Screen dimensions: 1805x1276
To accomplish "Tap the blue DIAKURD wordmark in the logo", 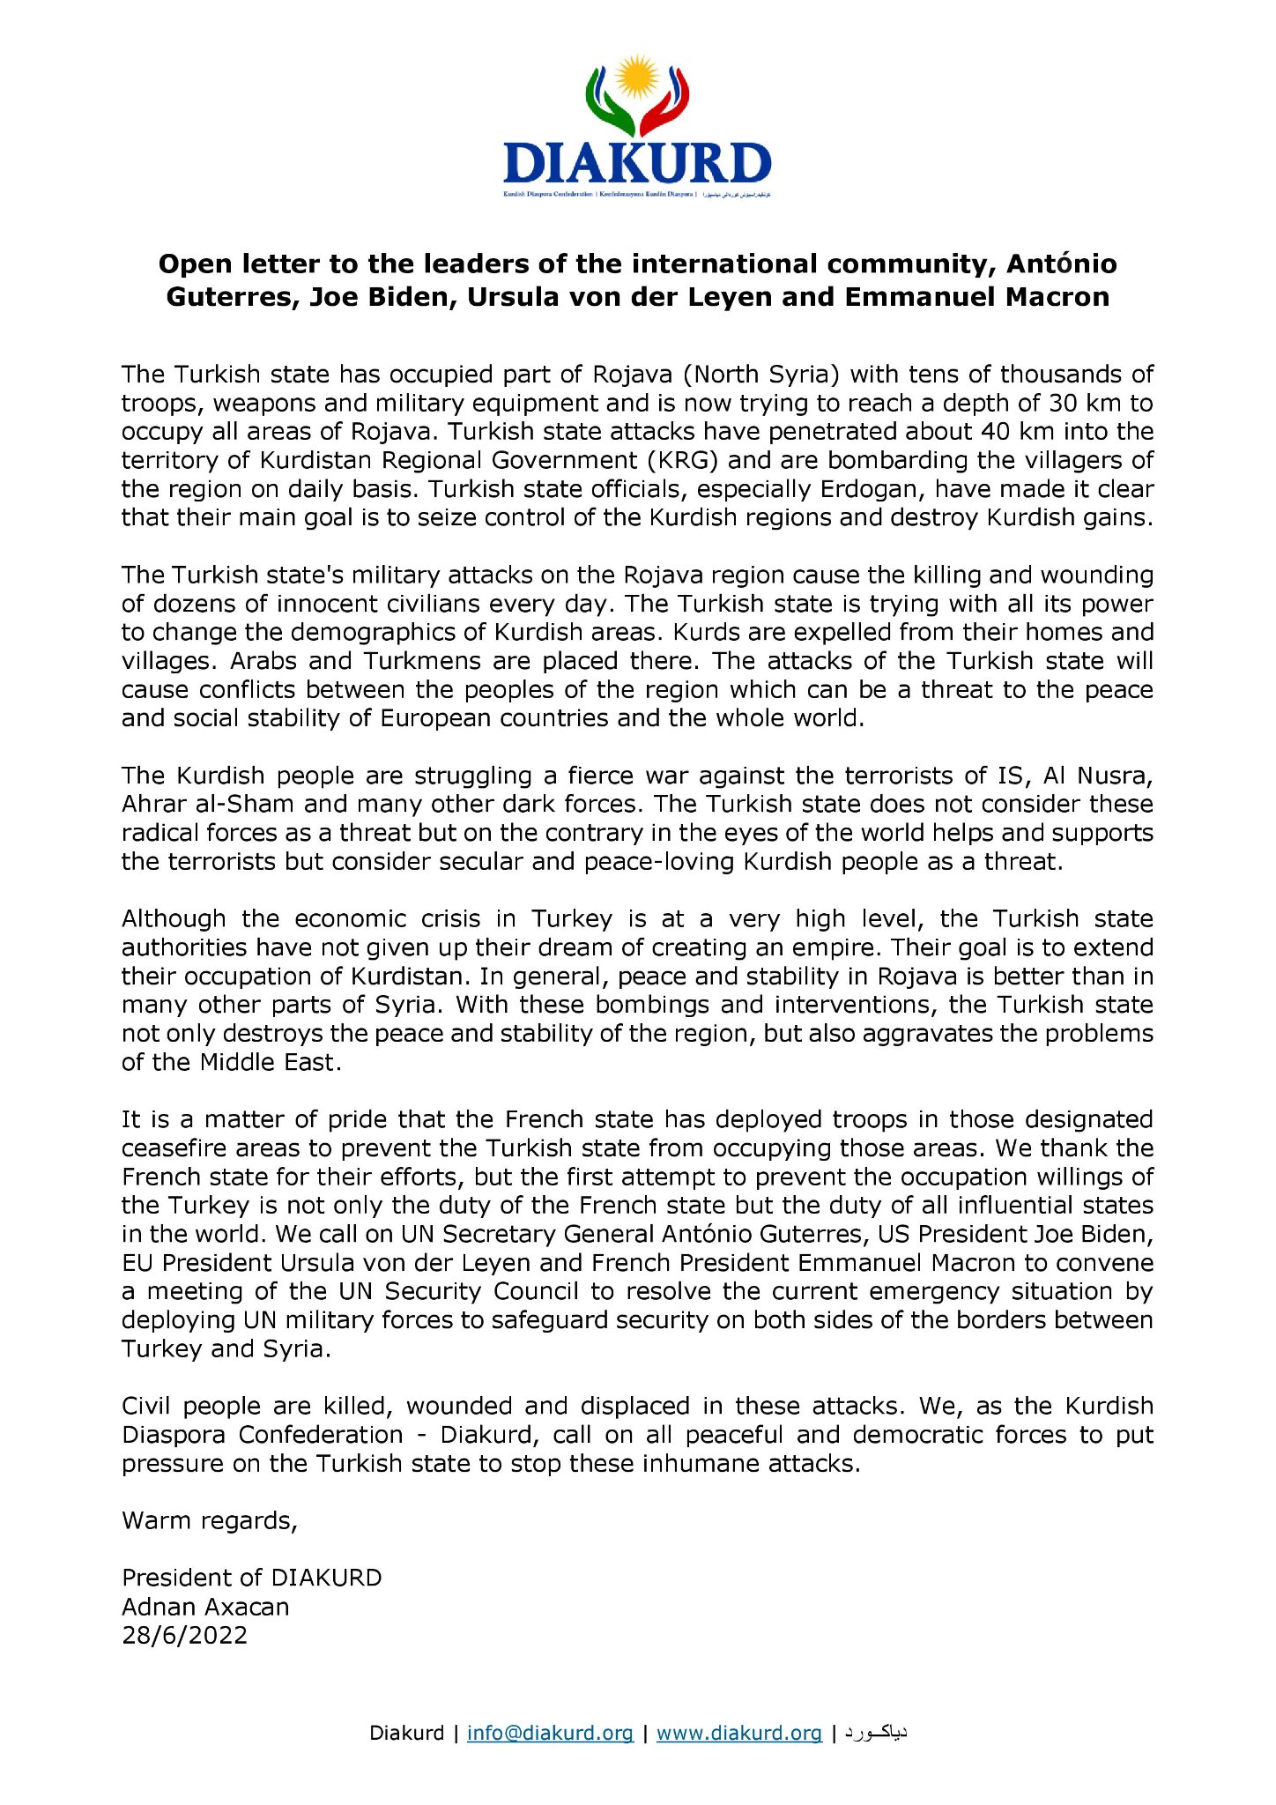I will [637, 164].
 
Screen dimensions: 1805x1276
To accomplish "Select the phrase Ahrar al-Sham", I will [207, 805].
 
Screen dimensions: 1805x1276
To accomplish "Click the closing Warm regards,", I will [210, 1521].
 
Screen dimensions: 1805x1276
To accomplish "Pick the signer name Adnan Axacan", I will [205, 1608].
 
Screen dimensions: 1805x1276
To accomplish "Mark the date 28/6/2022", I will [185, 1636].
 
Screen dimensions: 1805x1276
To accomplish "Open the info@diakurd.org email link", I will [550, 1734].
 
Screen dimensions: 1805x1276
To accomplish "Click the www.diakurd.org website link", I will [739, 1734].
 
